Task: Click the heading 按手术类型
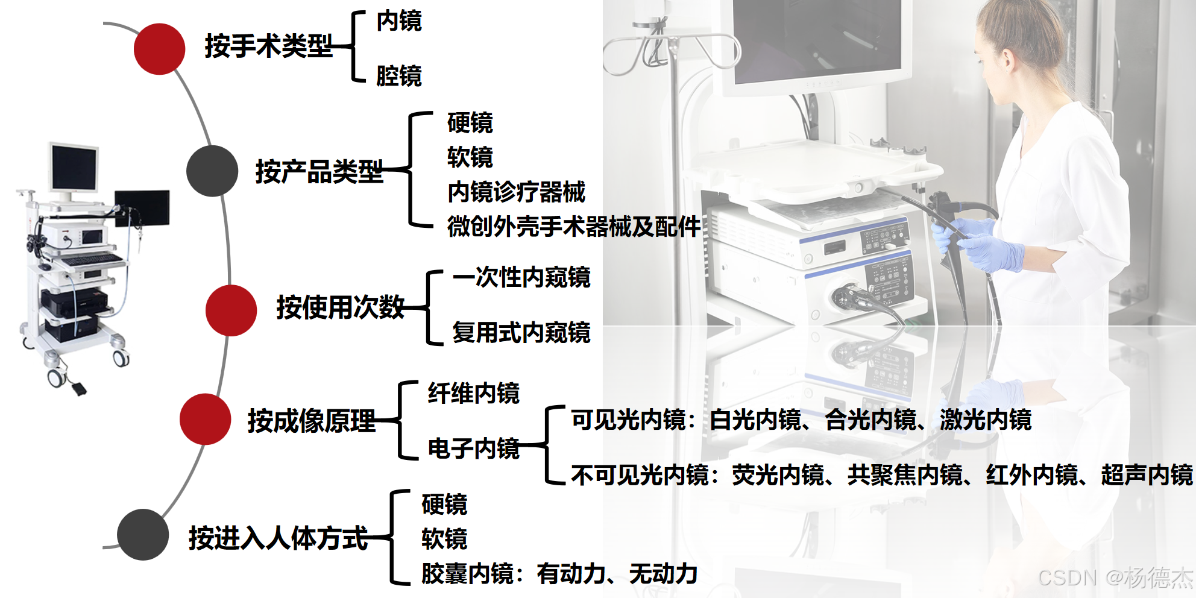268,46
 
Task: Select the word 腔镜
398,76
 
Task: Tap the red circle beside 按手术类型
159,49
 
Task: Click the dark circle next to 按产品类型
212,171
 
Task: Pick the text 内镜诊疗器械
516,192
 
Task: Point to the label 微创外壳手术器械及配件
573,227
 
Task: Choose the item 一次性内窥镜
521,277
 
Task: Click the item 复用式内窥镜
521,332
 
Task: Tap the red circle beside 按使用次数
231,310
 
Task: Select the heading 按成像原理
311,420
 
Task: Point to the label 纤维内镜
473,393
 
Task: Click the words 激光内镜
986,420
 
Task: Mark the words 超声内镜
1147,475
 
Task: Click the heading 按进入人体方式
278,537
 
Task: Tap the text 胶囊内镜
468,573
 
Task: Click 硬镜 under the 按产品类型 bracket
470,123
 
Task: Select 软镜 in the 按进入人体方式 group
444,538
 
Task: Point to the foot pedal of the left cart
78,388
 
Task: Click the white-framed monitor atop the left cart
74,167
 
